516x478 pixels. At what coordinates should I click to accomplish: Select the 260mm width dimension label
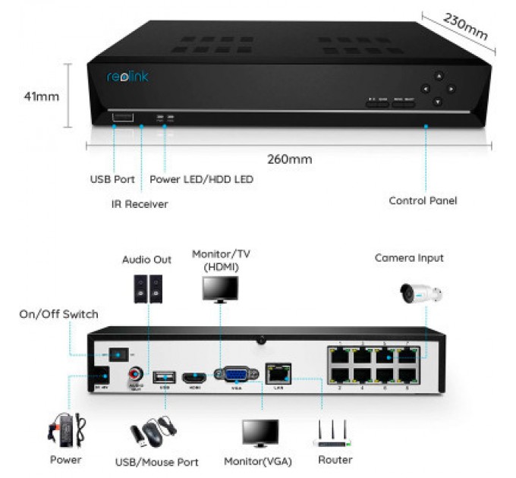point(289,159)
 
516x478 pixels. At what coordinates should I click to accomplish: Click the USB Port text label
point(112,180)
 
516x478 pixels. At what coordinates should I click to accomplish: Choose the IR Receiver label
point(136,203)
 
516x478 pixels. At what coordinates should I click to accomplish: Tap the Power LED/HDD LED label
point(201,180)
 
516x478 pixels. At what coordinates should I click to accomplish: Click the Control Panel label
point(423,201)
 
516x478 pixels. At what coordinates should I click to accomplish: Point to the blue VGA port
point(232,375)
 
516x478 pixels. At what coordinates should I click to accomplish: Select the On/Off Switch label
point(58,314)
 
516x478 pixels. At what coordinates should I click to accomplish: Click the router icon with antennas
point(332,434)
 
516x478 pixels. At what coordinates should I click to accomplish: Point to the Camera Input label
point(409,258)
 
